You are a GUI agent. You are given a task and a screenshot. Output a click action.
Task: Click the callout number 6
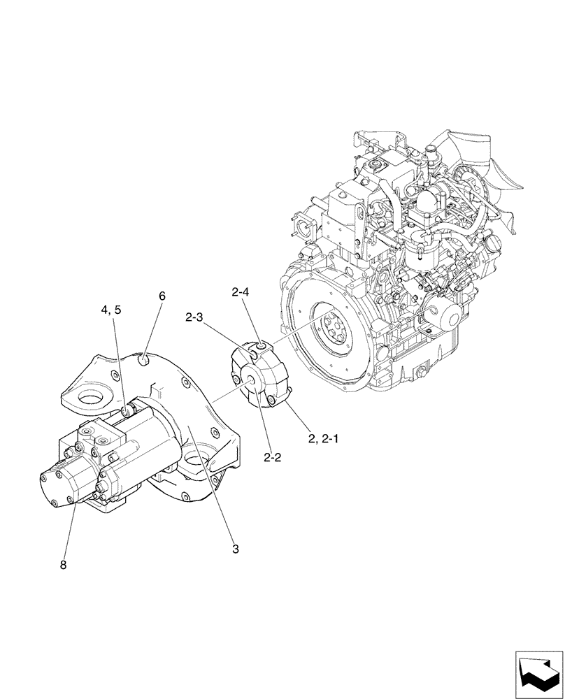(162, 296)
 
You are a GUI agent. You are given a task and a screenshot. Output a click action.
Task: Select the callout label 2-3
(195, 318)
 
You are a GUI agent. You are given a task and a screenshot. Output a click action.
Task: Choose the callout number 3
(236, 549)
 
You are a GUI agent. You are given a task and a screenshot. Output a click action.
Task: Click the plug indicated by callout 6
(143, 360)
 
